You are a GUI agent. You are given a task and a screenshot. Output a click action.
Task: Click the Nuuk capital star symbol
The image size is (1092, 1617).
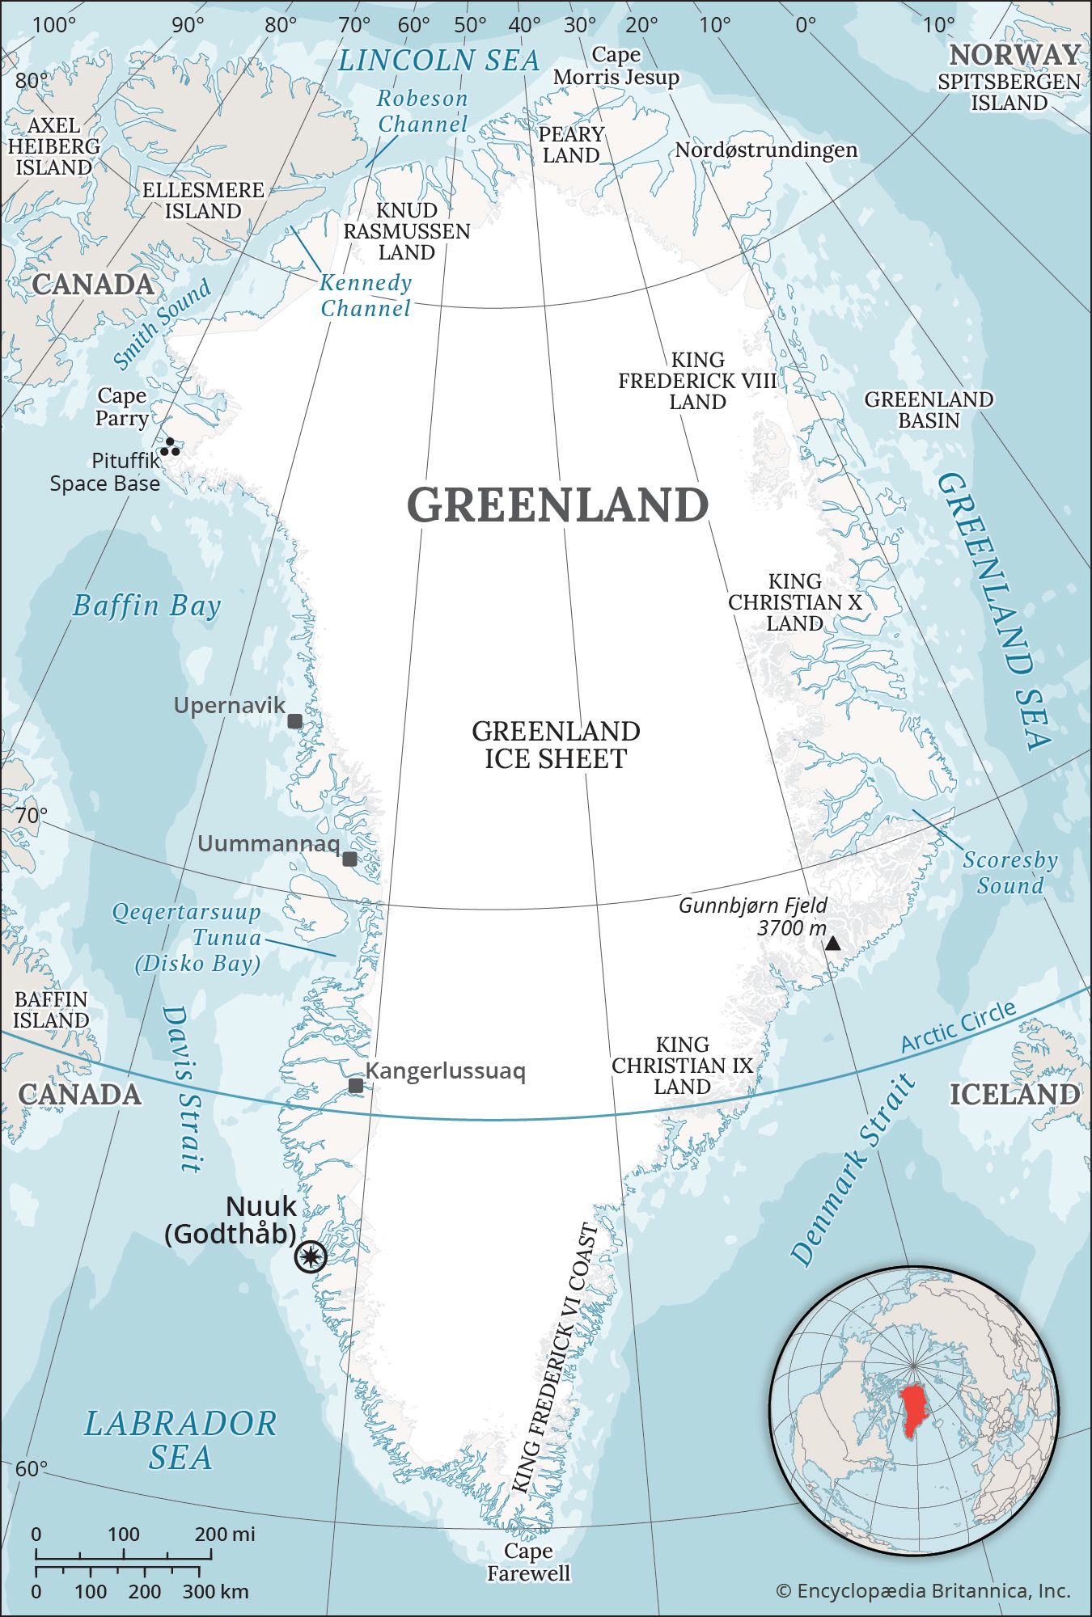(311, 1257)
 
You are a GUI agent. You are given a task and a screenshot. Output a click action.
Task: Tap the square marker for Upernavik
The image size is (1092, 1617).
(295, 721)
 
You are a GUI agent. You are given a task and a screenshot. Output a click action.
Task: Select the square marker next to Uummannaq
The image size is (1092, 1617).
(349, 859)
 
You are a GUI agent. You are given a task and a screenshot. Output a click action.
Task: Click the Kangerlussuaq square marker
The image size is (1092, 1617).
(355, 1086)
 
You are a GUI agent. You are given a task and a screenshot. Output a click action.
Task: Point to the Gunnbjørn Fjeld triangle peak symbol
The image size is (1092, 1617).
(832, 943)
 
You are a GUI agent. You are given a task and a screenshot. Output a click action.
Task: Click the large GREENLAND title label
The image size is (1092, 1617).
(557, 505)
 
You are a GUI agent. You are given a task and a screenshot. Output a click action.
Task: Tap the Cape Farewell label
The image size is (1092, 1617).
(528, 1562)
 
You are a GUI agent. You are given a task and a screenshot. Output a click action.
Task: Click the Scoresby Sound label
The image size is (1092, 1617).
(1009, 872)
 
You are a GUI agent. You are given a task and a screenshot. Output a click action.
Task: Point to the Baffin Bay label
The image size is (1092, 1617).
(146, 606)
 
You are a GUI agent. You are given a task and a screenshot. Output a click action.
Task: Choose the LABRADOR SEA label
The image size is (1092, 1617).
(180, 1440)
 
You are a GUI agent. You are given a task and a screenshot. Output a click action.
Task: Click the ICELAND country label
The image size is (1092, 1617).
(1014, 1095)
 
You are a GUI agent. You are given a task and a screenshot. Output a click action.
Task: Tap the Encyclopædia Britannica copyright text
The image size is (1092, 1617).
(923, 1591)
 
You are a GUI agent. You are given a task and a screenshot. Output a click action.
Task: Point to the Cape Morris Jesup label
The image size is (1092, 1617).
(616, 66)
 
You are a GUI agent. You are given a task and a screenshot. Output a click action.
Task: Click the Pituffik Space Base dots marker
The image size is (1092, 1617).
(170, 447)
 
